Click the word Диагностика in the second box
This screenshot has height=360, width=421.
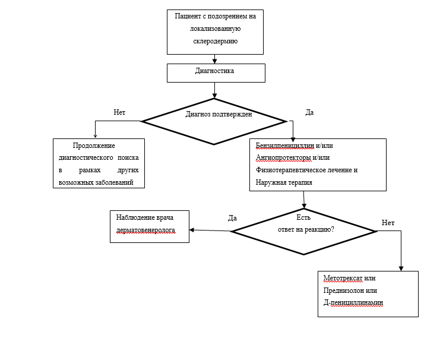click(214, 71)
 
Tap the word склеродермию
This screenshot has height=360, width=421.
click(216, 41)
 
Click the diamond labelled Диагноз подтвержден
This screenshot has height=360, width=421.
click(214, 121)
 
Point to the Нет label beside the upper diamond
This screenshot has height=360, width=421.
click(119, 112)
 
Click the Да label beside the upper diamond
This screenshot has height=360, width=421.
click(309, 112)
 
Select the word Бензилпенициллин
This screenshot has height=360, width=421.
click(285, 146)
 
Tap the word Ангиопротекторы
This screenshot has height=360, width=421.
click(283, 157)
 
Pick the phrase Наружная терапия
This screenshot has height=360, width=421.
click(284, 182)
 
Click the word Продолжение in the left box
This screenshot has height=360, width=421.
click(94, 146)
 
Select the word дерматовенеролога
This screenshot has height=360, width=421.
click(146, 230)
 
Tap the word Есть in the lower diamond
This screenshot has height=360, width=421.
click(303, 217)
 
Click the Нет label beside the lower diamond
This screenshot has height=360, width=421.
click(388, 222)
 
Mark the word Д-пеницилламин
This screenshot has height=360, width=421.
click(353, 303)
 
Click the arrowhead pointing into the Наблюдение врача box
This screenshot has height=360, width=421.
click(192, 230)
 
